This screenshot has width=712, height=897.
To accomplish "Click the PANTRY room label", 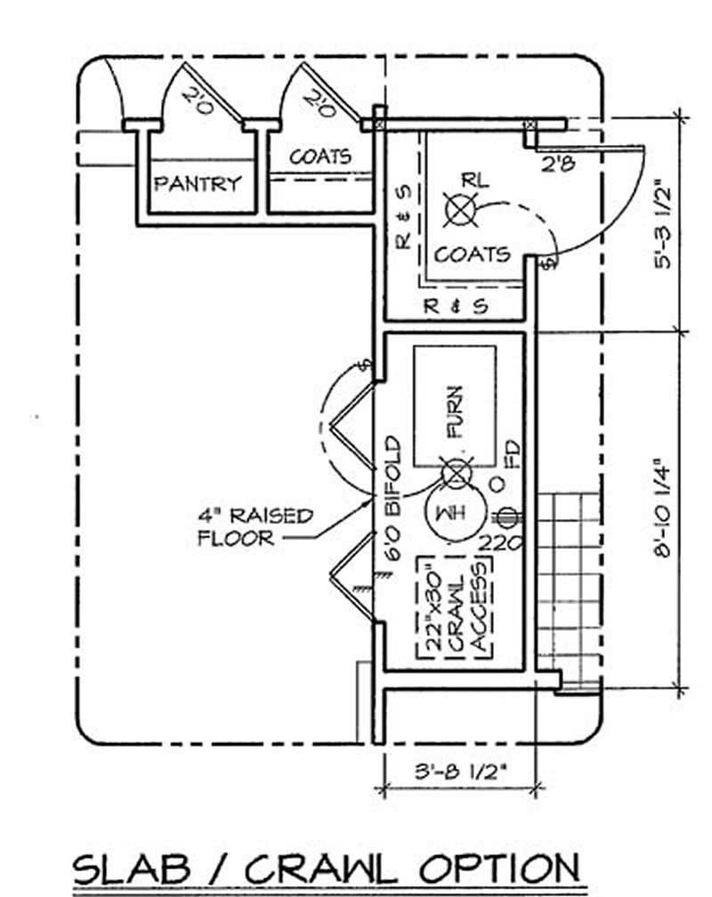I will click(197, 184).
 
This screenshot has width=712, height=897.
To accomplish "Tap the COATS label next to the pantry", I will click(320, 156).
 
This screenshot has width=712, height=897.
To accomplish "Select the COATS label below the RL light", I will click(473, 254).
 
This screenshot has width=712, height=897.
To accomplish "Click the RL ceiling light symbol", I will click(461, 210).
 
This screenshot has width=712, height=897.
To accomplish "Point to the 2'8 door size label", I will click(559, 163).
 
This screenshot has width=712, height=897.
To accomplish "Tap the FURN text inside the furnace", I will click(454, 411).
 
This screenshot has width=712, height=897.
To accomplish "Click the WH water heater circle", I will click(452, 513).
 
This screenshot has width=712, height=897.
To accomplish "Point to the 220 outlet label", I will click(499, 541).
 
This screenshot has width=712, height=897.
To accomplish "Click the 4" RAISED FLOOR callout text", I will click(255, 526).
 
